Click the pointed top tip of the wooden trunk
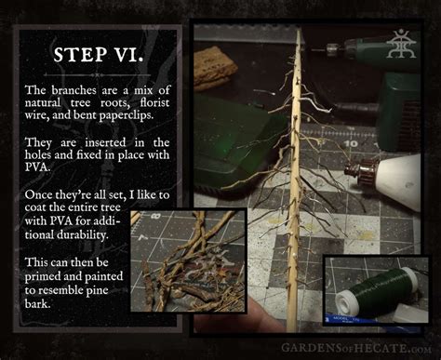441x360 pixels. point(300,32)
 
